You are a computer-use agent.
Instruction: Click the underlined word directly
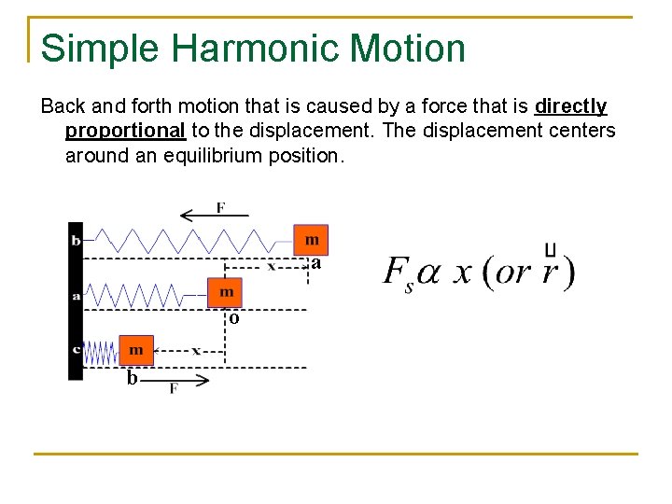pyautogui.click(x=571, y=106)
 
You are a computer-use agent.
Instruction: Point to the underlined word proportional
pyautogui.click(x=125, y=131)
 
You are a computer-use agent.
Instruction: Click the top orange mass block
pyautogui.click(x=311, y=240)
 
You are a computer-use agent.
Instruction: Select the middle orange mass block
pyautogui.click(x=225, y=292)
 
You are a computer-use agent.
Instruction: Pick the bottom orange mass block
pyautogui.click(x=135, y=350)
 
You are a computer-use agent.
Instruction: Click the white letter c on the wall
pyautogui.click(x=76, y=349)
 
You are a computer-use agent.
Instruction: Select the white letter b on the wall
pyautogui.click(x=76, y=240)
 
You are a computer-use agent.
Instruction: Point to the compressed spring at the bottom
pyautogui.click(x=100, y=352)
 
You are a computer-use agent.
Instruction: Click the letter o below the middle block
pyautogui.click(x=233, y=317)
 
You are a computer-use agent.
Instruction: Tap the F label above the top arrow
pyautogui.click(x=220, y=206)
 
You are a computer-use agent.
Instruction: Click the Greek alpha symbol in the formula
pyautogui.click(x=427, y=273)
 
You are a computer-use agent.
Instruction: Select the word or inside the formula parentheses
pyautogui.click(x=512, y=273)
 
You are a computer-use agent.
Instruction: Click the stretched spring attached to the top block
pyautogui.click(x=187, y=240)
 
